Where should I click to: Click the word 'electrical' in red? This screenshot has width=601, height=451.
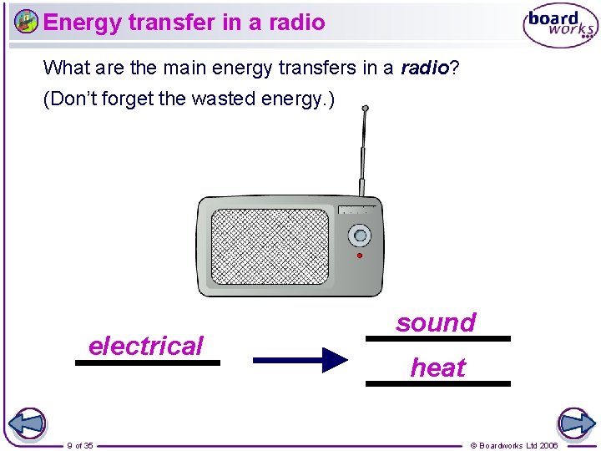pyautogui.click(x=145, y=346)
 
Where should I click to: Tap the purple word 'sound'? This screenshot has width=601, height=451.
pyautogui.click(x=436, y=322)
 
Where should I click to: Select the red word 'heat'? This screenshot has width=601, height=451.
pyautogui.click(x=437, y=367)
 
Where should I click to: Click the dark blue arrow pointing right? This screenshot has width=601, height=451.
pyautogui.click(x=300, y=361)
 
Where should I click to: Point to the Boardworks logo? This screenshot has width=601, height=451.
pyautogui.click(x=560, y=27)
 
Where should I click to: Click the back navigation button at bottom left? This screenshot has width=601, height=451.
pyautogui.click(x=28, y=423)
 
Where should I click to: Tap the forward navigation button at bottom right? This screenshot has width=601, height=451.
pyautogui.click(x=574, y=423)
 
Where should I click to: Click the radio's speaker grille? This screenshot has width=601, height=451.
pyautogui.click(x=270, y=246)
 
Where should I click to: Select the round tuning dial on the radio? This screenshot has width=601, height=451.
pyautogui.click(x=359, y=235)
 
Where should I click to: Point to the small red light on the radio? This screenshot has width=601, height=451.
pyautogui.click(x=360, y=256)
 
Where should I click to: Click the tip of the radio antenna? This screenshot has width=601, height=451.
pyautogui.click(x=365, y=109)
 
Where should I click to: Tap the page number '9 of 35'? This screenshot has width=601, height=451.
pyautogui.click(x=80, y=445)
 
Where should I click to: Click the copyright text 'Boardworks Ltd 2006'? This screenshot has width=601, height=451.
pyautogui.click(x=518, y=445)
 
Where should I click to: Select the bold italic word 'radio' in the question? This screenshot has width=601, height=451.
pyautogui.click(x=425, y=68)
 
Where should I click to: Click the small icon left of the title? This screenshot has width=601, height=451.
pyautogui.click(x=27, y=22)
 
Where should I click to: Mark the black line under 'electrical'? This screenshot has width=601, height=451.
pyautogui.click(x=147, y=363)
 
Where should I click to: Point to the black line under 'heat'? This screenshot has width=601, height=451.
pyautogui.click(x=437, y=383)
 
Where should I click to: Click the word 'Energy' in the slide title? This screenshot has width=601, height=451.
pyautogui.click(x=82, y=22)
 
